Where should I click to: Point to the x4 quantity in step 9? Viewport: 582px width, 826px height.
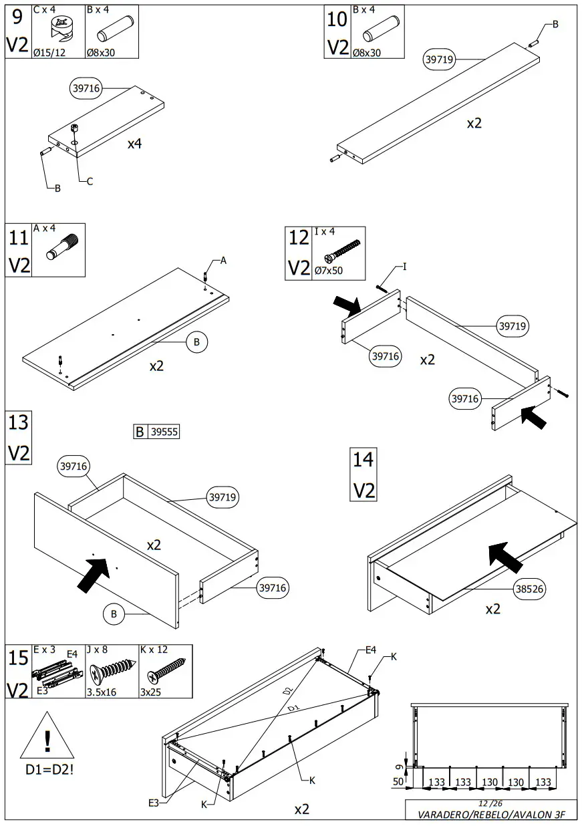(135, 144)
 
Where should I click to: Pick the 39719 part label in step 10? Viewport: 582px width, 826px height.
(440, 59)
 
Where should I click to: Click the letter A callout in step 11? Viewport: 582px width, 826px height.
(223, 261)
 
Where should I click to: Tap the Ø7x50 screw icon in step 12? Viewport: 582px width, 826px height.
(341, 251)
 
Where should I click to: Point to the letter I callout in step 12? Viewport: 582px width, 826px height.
(404, 267)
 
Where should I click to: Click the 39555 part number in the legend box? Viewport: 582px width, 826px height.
(164, 432)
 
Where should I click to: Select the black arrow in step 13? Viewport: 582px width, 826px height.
(94, 573)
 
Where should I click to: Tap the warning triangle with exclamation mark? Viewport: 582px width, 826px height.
(47, 738)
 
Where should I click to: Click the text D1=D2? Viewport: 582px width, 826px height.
(49, 770)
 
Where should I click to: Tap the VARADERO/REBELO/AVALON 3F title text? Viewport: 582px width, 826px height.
(491, 815)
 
